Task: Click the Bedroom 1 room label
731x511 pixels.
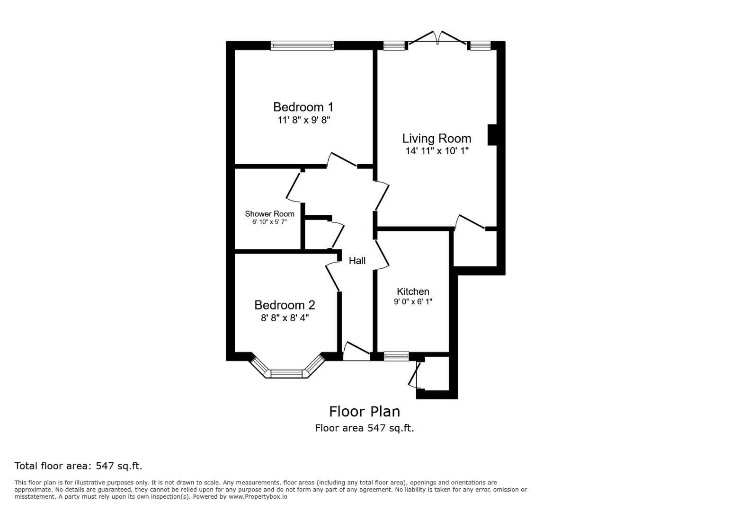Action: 303,107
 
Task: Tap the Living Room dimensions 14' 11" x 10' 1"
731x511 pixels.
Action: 437,151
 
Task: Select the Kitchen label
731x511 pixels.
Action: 413,291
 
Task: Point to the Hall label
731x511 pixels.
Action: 357,261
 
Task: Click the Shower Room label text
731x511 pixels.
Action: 269,214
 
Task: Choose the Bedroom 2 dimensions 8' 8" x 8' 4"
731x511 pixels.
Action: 285,318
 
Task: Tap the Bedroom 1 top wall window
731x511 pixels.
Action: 302,46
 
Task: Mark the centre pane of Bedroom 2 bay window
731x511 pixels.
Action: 286,374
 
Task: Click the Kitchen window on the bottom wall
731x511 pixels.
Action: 396,356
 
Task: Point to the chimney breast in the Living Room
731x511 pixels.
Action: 492,135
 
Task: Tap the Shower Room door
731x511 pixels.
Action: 294,186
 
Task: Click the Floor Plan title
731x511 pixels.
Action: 364,411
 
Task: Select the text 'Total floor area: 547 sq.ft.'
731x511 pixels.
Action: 78,466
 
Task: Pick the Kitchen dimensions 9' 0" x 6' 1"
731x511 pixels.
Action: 413,302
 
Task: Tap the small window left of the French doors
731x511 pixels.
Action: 394,46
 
